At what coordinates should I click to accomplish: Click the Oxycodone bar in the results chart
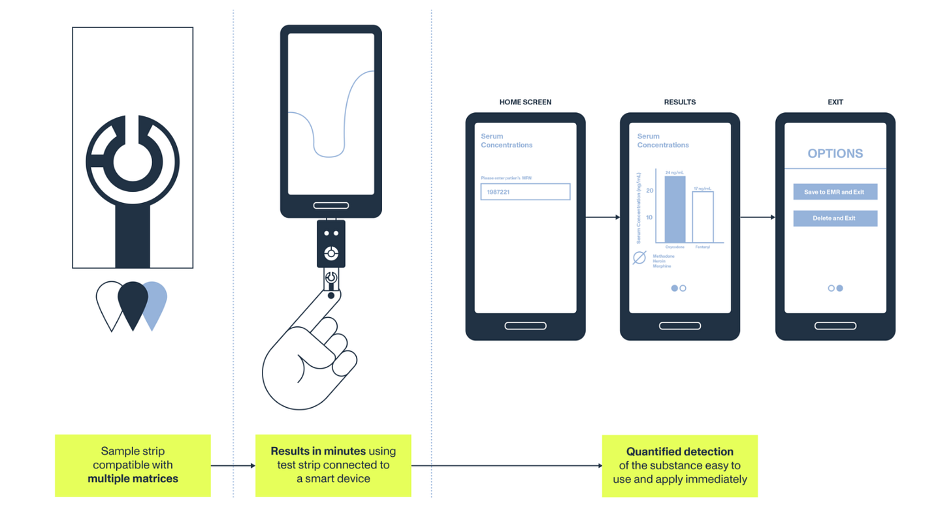click(675, 209)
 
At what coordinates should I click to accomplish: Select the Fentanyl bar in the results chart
click(703, 217)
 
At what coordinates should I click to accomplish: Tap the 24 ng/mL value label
click(675, 172)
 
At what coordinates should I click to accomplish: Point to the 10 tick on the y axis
click(649, 217)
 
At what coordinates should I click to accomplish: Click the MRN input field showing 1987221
click(525, 192)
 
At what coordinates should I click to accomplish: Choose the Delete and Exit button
click(835, 218)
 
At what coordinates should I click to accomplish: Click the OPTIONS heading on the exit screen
click(835, 154)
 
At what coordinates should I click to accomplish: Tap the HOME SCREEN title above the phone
click(525, 102)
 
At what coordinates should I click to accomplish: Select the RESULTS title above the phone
click(679, 102)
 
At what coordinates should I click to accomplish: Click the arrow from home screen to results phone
click(602, 217)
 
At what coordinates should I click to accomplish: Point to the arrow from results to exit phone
click(758, 217)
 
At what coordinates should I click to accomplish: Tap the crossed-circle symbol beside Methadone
click(639, 258)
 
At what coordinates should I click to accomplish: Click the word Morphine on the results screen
click(662, 266)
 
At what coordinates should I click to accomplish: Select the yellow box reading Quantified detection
click(679, 465)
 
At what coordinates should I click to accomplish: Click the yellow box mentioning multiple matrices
click(133, 465)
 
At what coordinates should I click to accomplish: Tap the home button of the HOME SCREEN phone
click(525, 326)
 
